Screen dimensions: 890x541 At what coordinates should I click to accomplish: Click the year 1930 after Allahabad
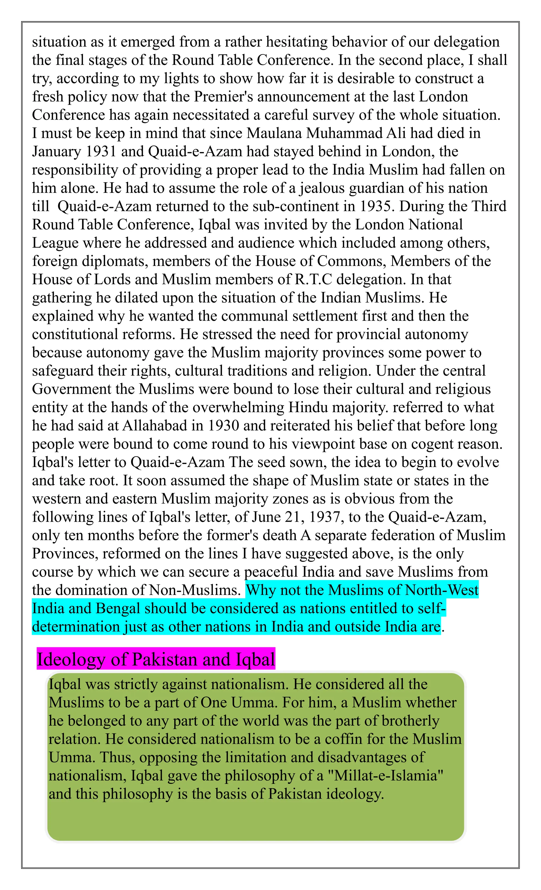tap(223, 426)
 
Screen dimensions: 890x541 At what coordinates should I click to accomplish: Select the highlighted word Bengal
tap(118, 608)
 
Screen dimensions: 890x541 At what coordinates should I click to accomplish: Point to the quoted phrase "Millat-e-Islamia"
tap(384, 776)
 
